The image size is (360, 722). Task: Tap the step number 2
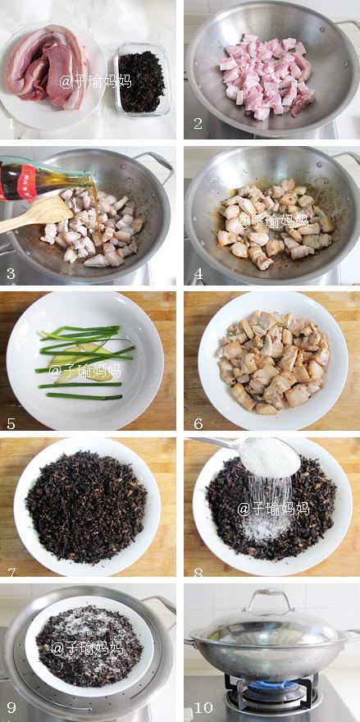click(198, 124)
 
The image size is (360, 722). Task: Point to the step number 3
click(11, 273)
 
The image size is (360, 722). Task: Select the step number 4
click(198, 273)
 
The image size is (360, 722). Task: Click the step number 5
click(11, 423)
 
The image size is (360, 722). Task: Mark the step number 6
click(198, 423)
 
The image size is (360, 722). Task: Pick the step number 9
click(11, 706)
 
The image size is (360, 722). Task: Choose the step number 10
click(203, 706)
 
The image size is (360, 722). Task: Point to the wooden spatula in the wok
click(34, 215)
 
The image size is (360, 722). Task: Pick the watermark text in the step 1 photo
click(95, 81)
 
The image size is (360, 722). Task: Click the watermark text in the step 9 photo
click(87, 648)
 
